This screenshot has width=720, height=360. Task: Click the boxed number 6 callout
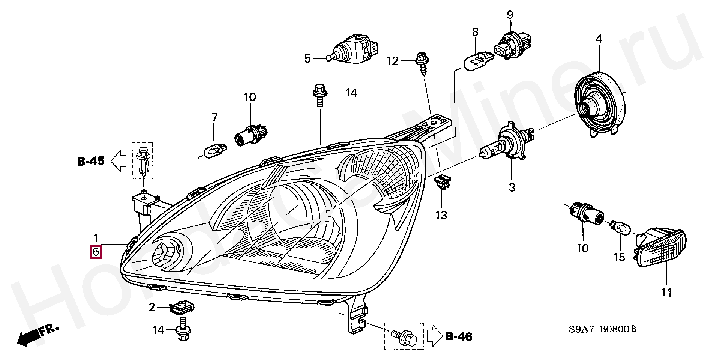click(96, 252)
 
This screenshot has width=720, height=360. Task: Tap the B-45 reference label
click(91, 161)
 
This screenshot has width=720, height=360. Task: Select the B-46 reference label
click(459, 336)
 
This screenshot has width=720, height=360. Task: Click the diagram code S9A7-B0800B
click(602, 329)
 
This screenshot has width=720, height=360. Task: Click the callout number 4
click(598, 39)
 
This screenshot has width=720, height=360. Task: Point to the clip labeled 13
click(442, 183)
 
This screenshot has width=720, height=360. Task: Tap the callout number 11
click(666, 292)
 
